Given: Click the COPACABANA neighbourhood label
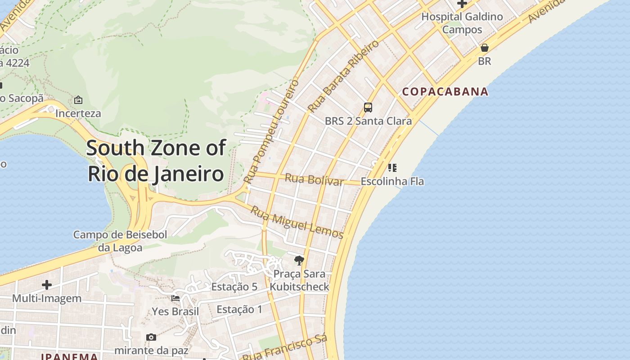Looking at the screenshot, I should [445, 92].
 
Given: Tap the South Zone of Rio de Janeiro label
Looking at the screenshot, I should [156, 161].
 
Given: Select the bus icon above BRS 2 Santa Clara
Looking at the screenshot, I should [368, 108].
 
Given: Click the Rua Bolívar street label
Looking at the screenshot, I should [314, 180].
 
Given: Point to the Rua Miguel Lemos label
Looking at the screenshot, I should [297, 223].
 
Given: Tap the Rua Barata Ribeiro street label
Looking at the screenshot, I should [344, 76].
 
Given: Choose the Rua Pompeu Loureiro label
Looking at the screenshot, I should [271, 131].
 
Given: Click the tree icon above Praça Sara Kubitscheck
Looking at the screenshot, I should [299, 260].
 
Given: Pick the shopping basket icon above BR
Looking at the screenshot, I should [485, 48].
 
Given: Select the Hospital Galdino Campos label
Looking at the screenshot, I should [462, 23].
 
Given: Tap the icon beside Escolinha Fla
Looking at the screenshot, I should [392, 168].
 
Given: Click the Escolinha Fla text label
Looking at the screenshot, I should [392, 182].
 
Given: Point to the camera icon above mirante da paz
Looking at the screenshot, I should [151, 337].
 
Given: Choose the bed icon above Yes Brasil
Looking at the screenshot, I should [175, 298].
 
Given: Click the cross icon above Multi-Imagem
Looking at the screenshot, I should [47, 285].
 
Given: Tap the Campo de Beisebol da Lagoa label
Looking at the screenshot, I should [120, 241].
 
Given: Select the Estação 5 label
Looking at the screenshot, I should [234, 287].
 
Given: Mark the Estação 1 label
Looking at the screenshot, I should [239, 310].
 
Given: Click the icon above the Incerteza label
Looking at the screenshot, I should [78, 100].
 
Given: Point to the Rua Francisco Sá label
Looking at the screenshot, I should [285, 348].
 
